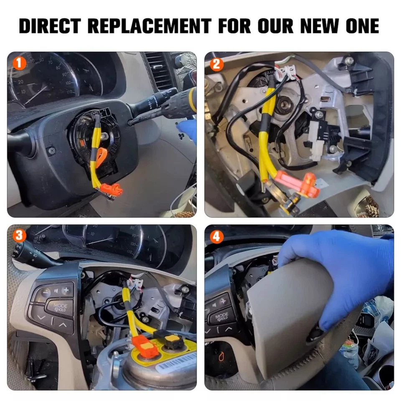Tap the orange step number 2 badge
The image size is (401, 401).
click(x=216, y=64)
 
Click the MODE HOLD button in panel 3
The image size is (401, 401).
click(x=60, y=307)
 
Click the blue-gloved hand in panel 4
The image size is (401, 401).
click(x=334, y=272)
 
